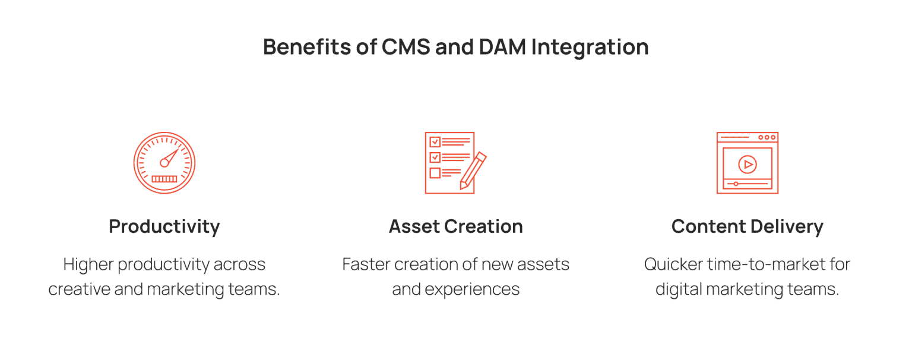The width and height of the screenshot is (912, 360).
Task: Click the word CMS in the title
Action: [x=403, y=47]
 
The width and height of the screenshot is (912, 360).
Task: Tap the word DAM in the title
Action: [x=499, y=47]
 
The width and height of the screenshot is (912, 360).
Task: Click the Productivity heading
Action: [x=164, y=226]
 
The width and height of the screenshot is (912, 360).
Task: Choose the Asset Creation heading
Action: [x=455, y=226]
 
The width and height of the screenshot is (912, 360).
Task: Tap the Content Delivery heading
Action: [x=747, y=226]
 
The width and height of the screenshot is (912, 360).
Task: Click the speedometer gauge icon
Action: [x=164, y=163]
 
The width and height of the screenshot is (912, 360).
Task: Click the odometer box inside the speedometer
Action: [x=164, y=178]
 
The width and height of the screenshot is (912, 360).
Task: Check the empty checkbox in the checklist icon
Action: [x=435, y=173]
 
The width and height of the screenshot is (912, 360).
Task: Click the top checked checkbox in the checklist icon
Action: [x=435, y=142]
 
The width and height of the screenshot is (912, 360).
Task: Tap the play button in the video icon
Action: [x=747, y=163]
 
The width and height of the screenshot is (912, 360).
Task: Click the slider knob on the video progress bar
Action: [x=736, y=184]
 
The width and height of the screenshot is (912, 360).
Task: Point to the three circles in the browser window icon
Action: [x=767, y=137]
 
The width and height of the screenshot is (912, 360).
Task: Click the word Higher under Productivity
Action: [x=88, y=264]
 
